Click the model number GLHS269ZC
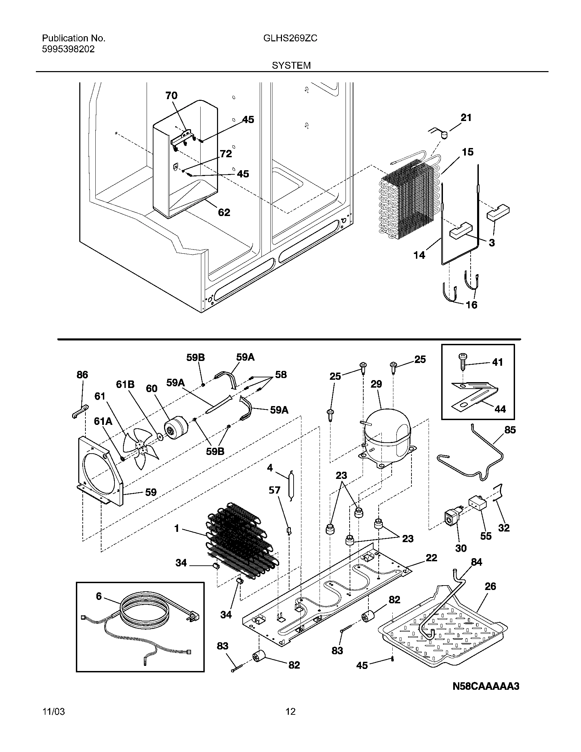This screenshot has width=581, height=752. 290,38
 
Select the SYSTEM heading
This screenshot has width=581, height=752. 291,65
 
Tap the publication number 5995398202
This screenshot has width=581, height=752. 68,49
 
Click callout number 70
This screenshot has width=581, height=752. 172,95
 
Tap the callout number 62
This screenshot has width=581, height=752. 224,213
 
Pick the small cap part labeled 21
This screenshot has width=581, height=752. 445,134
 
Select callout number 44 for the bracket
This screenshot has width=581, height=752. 500,409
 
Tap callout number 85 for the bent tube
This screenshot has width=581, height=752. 510,430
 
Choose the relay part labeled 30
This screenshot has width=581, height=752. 451,527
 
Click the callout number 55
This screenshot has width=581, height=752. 486,536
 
